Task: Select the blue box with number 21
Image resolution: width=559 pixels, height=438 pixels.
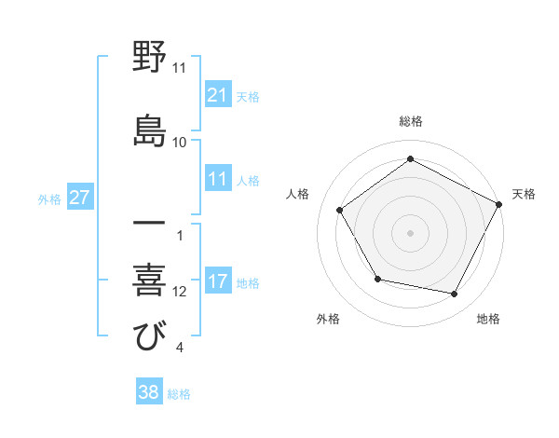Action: [x=218, y=95]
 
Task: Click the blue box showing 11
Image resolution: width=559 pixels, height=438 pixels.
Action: [x=218, y=179]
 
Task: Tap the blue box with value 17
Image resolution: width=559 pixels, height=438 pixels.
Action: [x=218, y=281]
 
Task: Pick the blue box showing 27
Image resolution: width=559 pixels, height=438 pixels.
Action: [x=80, y=198]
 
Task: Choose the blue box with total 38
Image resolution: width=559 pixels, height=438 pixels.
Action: [x=149, y=393]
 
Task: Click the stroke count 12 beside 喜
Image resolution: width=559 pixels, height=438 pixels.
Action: [x=180, y=292]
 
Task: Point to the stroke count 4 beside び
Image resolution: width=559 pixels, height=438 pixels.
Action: [x=179, y=349]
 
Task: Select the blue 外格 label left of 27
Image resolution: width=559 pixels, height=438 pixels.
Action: [x=49, y=198]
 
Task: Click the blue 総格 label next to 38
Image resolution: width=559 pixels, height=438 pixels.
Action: [x=179, y=394]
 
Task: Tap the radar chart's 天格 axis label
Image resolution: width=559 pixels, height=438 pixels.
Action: [x=524, y=194]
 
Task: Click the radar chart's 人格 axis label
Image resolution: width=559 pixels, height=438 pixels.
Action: [x=298, y=194]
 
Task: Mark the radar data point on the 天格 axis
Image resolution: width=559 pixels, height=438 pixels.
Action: [x=499, y=204]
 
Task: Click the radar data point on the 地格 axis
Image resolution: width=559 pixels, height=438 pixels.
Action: [x=455, y=294]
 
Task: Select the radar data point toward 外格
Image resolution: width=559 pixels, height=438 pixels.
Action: [x=377, y=279]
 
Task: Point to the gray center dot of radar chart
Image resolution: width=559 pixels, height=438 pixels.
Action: [x=410, y=233]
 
